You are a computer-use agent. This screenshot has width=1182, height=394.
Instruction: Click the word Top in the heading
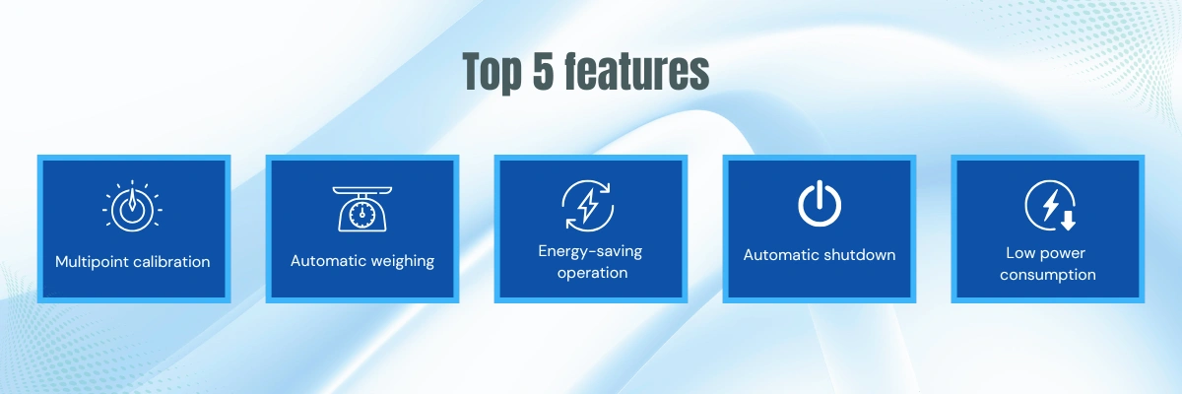(x=492, y=72)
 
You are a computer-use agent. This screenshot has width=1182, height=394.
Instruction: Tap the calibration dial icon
(x=132, y=206)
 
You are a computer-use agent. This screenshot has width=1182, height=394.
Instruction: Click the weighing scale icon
(x=362, y=209)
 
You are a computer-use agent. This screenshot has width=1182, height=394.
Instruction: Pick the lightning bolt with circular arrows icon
(x=587, y=206)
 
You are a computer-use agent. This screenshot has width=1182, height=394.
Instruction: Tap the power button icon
(x=819, y=204)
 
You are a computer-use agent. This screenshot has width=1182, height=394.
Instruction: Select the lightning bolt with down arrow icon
(x=1050, y=206)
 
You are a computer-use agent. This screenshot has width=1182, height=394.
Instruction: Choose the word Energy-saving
(x=590, y=251)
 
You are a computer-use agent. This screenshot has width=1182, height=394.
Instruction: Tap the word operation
(x=592, y=273)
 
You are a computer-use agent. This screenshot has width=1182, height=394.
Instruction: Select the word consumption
(x=1047, y=275)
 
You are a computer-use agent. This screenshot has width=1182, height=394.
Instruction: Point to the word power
(x=1062, y=254)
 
